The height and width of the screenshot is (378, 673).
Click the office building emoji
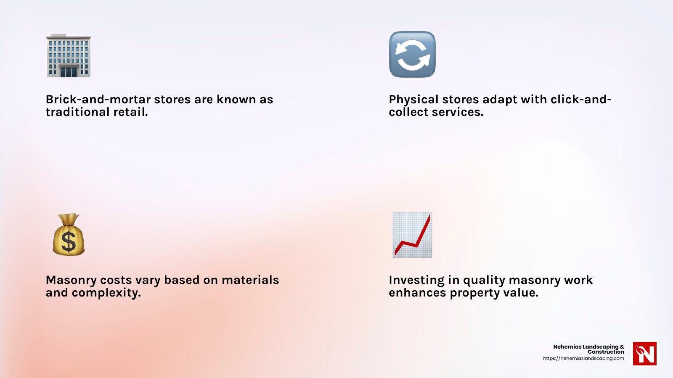[x=69, y=55]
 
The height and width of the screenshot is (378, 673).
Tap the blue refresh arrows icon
[x=412, y=54]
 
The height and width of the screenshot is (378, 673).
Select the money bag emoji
[x=69, y=234]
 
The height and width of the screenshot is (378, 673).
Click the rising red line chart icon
[x=412, y=235]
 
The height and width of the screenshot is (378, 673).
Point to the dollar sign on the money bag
[x=69, y=241]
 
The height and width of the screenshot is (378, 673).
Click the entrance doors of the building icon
[x=69, y=72]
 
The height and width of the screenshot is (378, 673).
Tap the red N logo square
[x=645, y=353]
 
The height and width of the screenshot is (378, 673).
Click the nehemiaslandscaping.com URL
[x=583, y=358]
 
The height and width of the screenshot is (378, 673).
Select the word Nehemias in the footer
[x=567, y=347]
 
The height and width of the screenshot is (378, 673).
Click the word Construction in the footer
[x=606, y=352]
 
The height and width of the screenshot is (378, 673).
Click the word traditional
[x=77, y=112]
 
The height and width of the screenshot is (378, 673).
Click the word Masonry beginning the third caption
[x=71, y=281]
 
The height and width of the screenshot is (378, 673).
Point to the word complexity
[x=106, y=293]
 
